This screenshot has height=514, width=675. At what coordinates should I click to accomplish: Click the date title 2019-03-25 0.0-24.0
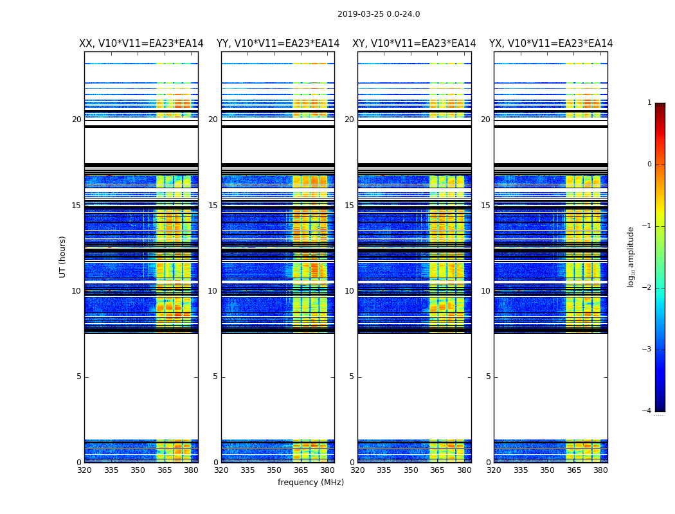click(x=379, y=14)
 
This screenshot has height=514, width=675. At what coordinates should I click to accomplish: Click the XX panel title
click(x=141, y=44)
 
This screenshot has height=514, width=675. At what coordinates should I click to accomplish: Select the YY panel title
click(x=278, y=44)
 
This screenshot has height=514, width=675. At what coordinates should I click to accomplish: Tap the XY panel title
click(x=414, y=44)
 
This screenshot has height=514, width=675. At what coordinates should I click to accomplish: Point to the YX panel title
click(x=551, y=44)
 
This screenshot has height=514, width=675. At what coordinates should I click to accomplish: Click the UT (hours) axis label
click(x=63, y=256)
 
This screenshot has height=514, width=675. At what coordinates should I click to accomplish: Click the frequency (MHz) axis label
click(x=310, y=483)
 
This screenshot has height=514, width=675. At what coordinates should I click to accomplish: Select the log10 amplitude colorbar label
click(x=631, y=256)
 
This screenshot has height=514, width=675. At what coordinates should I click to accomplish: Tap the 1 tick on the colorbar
click(x=649, y=103)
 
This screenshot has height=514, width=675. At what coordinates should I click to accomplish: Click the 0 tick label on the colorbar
click(x=649, y=164)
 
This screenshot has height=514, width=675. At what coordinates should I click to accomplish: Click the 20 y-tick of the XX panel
click(x=76, y=120)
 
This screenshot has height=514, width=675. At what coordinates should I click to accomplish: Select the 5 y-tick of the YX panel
click(x=489, y=377)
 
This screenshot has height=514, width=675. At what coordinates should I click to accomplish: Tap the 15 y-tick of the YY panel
click(x=213, y=206)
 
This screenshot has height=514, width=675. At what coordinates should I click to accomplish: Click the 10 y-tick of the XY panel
click(x=349, y=291)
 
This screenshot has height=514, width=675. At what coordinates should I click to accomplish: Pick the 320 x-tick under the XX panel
click(x=84, y=470)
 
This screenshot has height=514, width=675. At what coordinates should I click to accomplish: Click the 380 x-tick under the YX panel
click(x=600, y=470)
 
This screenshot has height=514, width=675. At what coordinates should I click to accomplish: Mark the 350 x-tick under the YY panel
click(x=274, y=470)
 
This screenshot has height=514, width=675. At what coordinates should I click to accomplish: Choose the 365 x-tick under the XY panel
click(x=437, y=470)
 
